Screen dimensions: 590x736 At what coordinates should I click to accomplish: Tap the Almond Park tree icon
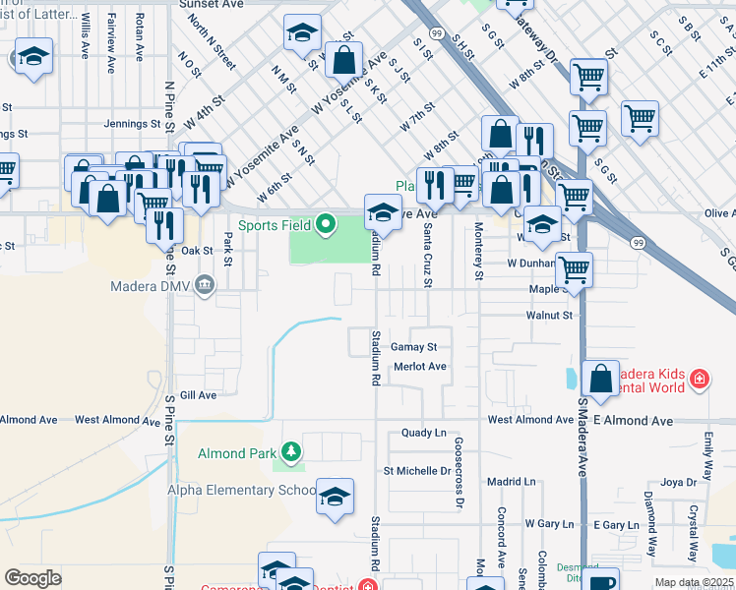[x=291, y=452]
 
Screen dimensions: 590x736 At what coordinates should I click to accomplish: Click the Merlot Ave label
[x=420, y=367]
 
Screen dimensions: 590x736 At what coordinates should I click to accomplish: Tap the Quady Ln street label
[x=424, y=433]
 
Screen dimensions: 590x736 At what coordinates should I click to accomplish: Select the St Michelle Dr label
[x=416, y=471]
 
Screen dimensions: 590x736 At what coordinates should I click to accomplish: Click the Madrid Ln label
[x=511, y=482]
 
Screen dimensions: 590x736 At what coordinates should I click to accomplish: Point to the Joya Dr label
[x=678, y=482]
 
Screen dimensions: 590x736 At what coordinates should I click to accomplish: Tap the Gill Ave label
[x=198, y=395]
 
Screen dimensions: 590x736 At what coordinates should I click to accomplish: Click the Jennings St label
[x=132, y=124]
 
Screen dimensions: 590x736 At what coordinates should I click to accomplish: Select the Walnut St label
[x=554, y=316]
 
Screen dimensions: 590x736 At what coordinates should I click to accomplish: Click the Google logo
[x=32, y=578]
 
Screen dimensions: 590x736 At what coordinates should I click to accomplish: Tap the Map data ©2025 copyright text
[x=694, y=582]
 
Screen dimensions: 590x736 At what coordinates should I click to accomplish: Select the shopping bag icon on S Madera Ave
[x=600, y=379]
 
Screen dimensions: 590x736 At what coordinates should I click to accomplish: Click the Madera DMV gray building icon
[x=205, y=286]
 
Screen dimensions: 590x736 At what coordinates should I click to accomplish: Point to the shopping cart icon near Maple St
[x=574, y=268]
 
